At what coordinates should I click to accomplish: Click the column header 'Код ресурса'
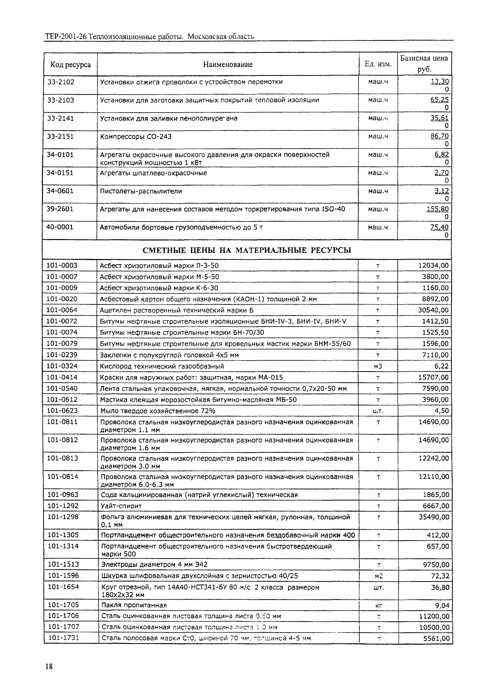pyautogui.click(x=70, y=64)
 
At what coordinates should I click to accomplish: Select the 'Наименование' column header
pyautogui.click(x=228, y=64)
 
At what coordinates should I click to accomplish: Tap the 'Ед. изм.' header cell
pyautogui.click(x=378, y=64)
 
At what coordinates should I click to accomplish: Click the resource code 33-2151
pyautogui.click(x=60, y=137)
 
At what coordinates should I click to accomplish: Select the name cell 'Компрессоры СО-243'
pyautogui.click(x=136, y=137)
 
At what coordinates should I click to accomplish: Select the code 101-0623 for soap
pyautogui.click(x=62, y=411)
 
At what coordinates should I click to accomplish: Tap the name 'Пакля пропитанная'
pyautogui.click(x=134, y=605)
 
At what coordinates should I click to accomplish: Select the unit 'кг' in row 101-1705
pyautogui.click(x=379, y=606)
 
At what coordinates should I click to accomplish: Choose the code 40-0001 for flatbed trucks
pyautogui.click(x=60, y=227)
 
